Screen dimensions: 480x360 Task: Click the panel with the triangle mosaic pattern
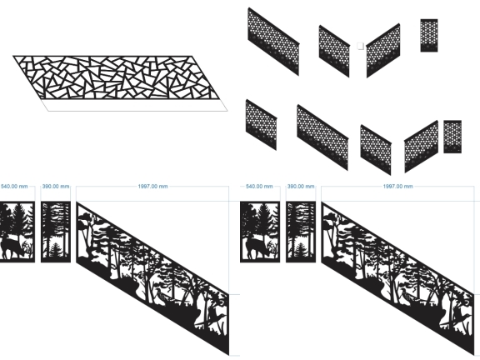tap(117, 77)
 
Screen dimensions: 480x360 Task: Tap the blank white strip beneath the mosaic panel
tap(136, 105)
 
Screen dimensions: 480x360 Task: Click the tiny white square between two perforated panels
tap(360, 46)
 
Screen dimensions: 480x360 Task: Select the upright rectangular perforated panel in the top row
tap(429, 35)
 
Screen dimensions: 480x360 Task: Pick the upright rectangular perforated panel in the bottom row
tap(452, 137)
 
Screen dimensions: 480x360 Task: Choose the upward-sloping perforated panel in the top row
tap(383, 51)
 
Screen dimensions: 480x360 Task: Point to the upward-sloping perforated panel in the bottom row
tap(421, 147)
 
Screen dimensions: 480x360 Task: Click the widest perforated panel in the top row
tap(273, 42)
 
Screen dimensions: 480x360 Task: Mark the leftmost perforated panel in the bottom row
tap(261, 125)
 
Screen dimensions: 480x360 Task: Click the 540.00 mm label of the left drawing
tap(14, 186)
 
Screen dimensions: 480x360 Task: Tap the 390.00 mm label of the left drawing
tap(56, 186)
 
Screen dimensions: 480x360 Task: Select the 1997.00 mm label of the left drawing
tap(152, 186)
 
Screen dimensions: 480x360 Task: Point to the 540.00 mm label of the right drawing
tap(259, 186)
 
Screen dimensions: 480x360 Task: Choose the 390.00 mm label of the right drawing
tap(301, 186)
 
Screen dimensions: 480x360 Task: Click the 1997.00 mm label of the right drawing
tap(398, 186)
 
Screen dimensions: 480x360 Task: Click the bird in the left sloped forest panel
tap(160, 294)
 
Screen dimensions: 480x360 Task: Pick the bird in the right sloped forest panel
tap(405, 294)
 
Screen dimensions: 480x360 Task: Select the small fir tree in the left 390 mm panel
tap(56, 249)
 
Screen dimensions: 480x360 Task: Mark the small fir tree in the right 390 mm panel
tap(301, 249)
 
